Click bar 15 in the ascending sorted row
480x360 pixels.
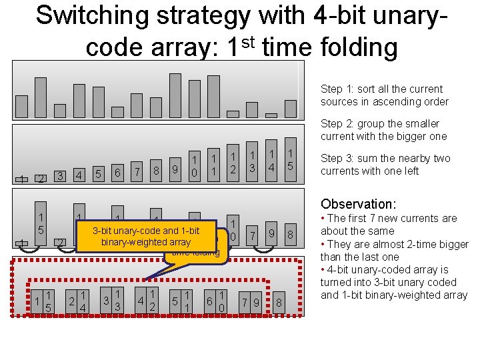[291, 161]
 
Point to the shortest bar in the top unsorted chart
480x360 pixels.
[117, 112]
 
